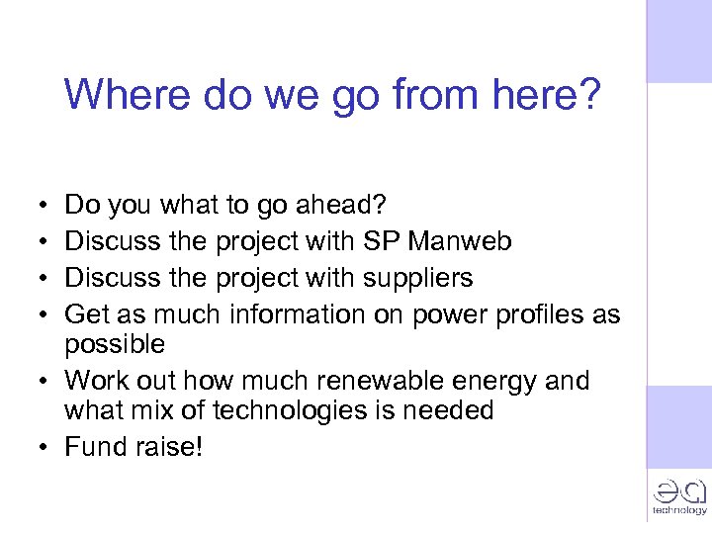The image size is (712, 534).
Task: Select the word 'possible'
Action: [115, 344]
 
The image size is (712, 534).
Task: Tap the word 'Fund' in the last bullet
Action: [92, 447]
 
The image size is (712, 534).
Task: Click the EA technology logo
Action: [678, 494]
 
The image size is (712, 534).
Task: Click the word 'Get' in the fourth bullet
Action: [85, 314]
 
